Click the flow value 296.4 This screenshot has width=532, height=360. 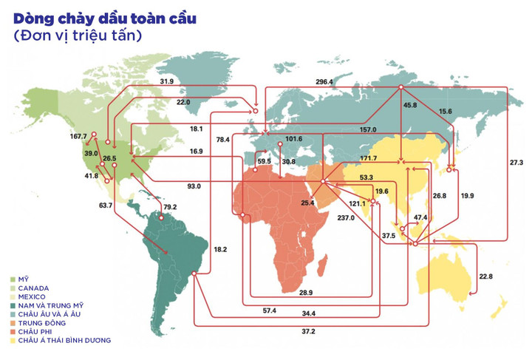pos(324,81)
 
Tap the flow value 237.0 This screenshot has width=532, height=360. pos(346,218)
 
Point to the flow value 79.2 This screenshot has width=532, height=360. pos(170,207)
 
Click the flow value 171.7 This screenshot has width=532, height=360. pos(368,158)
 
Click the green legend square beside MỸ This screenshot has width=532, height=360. pos(13,279)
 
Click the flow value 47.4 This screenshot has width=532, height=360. pos(420,217)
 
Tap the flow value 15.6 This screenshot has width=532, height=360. pos(446,111)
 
